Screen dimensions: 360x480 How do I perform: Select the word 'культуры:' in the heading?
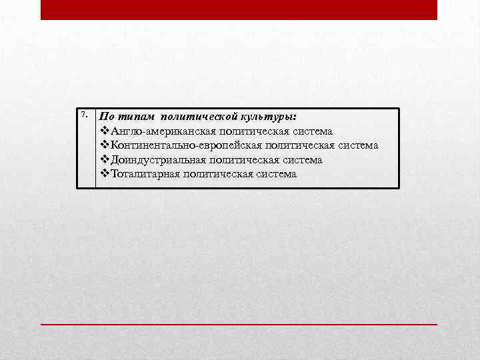(274, 117)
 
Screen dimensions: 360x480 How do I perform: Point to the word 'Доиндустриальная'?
(157, 160)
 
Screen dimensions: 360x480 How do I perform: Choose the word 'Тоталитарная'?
(145, 174)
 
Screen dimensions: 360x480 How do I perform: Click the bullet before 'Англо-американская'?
(104, 131)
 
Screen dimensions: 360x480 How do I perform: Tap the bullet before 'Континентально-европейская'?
(104, 145)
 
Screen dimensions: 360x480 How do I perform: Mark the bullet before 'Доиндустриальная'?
(104, 160)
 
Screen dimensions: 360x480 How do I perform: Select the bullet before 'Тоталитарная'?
(104, 174)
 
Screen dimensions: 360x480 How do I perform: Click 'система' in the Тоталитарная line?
(273, 174)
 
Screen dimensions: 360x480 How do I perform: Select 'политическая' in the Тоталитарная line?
(215, 174)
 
